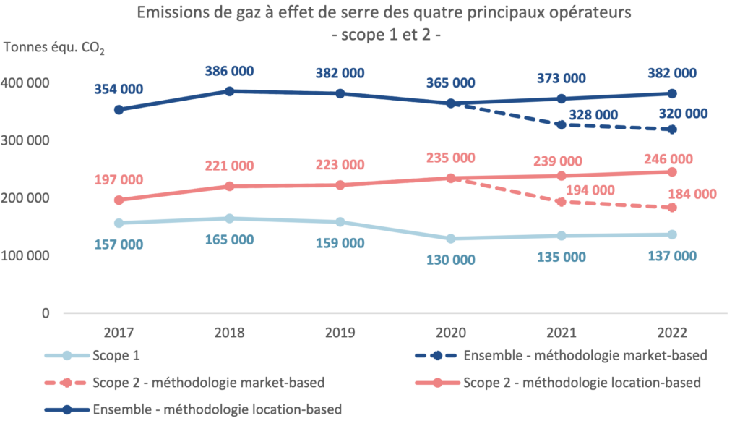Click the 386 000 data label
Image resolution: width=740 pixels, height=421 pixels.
coord(230,71)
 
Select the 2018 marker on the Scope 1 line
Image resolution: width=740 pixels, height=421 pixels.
coord(230,218)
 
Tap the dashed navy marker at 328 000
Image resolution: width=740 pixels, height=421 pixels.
coord(561,125)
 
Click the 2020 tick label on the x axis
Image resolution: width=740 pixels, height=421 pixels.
coord(451,333)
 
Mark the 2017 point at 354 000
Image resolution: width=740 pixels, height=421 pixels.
coord(119,110)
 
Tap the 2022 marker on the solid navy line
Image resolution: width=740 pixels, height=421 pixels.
coord(671,93)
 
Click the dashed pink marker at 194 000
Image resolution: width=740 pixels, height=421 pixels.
coord(561,202)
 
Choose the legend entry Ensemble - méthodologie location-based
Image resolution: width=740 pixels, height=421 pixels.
coord(217,409)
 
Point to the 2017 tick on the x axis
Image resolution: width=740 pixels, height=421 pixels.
coord(119,333)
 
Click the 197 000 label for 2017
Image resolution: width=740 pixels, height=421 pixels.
coord(119,179)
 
